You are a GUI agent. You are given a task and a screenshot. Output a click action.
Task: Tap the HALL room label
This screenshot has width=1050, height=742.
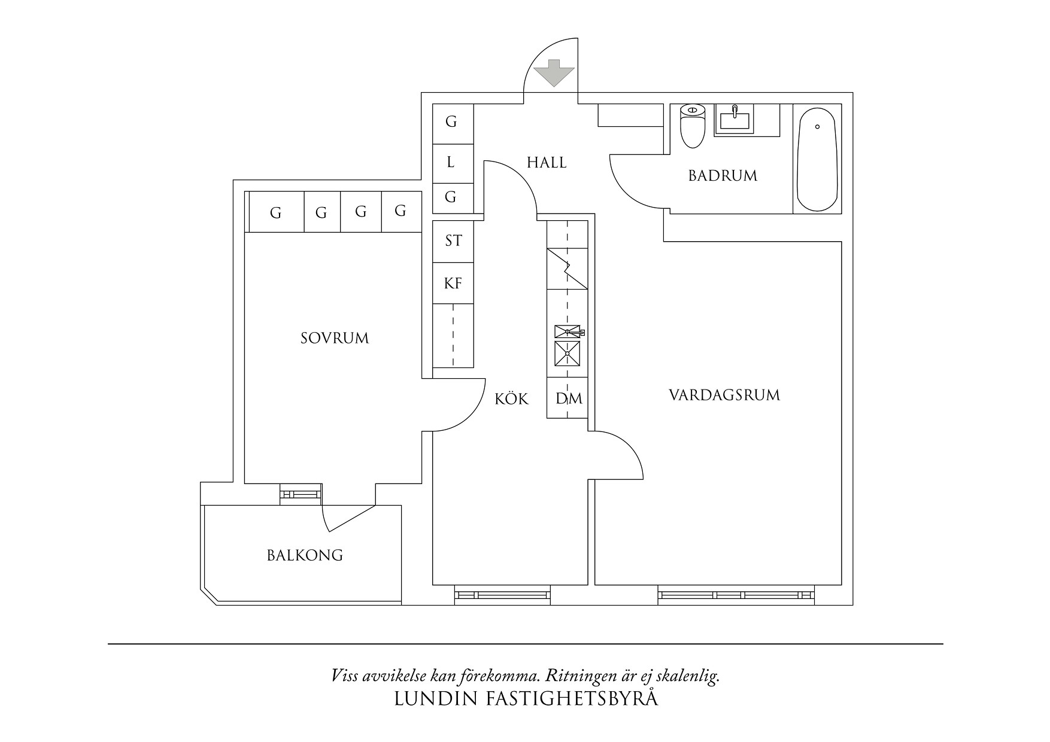tap(547, 162)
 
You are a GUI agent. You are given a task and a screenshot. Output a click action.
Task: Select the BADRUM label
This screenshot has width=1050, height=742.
tap(723, 175)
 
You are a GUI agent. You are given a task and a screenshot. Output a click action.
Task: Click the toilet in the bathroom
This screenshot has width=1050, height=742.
tap(693, 126)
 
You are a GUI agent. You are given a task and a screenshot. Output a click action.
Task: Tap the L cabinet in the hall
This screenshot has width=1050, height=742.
tap(452, 162)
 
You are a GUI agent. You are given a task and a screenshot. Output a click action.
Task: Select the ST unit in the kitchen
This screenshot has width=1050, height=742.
tap(453, 241)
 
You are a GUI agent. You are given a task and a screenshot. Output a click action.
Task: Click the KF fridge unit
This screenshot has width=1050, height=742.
tap(453, 283)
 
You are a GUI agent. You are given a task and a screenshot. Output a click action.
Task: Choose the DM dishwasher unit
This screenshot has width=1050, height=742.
tap(568, 399)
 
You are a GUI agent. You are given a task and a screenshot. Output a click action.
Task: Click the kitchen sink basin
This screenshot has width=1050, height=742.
tap(567, 353)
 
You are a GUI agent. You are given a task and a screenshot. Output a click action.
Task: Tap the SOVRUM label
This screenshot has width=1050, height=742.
tap(335, 338)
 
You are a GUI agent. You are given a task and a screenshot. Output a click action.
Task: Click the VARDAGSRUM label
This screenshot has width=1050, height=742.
tap(724, 395)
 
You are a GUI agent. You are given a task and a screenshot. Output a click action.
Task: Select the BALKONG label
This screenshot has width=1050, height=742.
tap(305, 555)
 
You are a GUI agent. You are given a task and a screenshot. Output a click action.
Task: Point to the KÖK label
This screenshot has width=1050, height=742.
tap(512, 399)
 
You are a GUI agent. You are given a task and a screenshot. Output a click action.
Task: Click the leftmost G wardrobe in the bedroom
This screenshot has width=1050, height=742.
tap(275, 212)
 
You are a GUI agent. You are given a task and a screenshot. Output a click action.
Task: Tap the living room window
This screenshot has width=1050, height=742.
tap(736, 595)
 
